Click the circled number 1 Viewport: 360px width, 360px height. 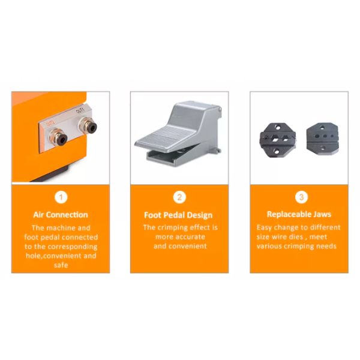(x=61, y=197)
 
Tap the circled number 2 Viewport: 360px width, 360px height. (x=179, y=197)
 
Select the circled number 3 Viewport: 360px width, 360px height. (x=301, y=197)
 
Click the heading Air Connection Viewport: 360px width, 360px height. (x=61, y=215)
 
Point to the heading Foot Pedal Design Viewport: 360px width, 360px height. (x=178, y=215)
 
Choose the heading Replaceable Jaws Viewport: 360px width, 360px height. (x=299, y=214)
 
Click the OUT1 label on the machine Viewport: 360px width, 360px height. (x=80, y=110)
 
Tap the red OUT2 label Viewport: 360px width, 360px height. (x=51, y=124)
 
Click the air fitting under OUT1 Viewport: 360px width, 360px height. (x=88, y=126)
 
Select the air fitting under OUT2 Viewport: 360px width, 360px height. (x=58, y=137)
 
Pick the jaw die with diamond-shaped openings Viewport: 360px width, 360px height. (x=278, y=140)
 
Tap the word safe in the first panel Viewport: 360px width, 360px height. (x=61, y=265)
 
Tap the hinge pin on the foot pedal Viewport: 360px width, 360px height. (x=220, y=110)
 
